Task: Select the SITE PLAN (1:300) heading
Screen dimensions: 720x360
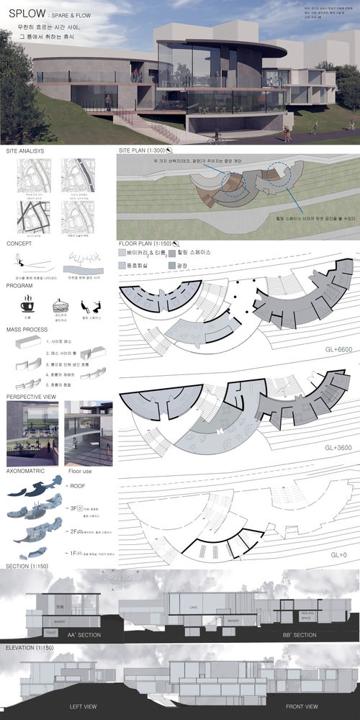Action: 142,151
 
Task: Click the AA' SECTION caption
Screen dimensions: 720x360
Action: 71,635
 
